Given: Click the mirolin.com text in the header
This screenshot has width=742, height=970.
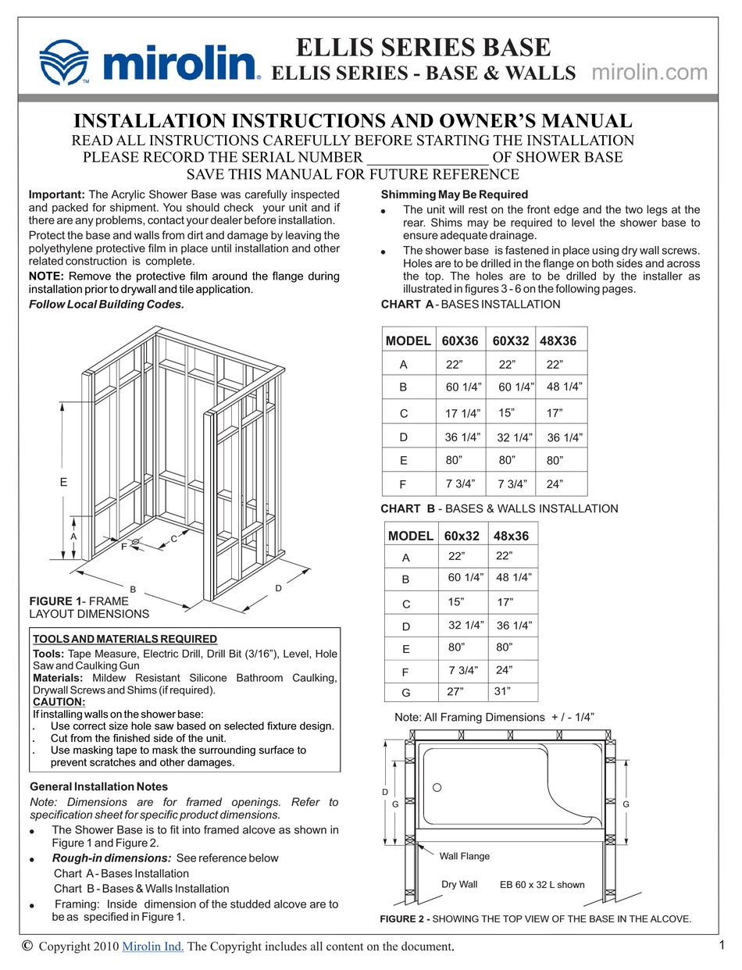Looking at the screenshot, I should point(650,73).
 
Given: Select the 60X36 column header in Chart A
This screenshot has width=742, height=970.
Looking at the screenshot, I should point(460,341).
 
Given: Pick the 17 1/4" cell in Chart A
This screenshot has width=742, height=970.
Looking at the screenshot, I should point(463,413).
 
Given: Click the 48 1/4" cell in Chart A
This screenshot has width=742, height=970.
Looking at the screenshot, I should point(564,387).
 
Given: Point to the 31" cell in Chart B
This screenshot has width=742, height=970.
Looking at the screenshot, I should point(502,691).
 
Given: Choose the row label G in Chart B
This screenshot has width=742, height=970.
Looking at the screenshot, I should point(405,694).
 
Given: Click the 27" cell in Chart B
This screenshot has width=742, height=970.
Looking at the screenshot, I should point(456,692).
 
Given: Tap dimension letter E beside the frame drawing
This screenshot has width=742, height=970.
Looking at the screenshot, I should point(63,483).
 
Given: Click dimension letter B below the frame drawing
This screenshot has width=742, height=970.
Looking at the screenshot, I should point(134,589).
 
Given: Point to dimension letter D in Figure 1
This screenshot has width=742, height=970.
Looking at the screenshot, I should point(278,588).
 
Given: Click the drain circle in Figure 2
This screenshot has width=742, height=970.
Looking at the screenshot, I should point(437,787).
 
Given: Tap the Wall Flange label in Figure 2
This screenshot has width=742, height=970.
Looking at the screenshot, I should point(464,856).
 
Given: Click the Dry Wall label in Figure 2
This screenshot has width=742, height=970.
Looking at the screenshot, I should point(459,884).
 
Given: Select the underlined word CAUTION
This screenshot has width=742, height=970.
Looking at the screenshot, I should point(59,701).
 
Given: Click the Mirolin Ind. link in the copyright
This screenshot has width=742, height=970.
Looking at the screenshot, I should point(153,947).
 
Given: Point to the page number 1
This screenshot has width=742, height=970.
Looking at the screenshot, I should point(721,945).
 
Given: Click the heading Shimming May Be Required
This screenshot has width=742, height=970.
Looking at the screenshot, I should point(454,194).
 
